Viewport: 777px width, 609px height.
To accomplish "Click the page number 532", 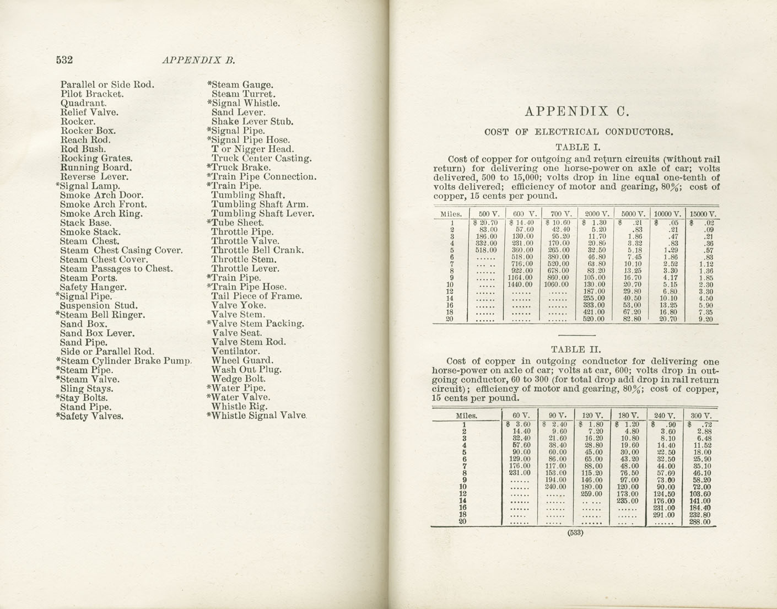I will click(65, 60).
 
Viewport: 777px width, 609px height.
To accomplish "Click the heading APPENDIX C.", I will click(576, 112).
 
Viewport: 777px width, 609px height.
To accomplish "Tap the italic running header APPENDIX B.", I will click(199, 61).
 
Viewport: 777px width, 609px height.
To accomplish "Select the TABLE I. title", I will click(576, 147).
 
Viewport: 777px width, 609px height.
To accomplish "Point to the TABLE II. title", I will click(576, 349).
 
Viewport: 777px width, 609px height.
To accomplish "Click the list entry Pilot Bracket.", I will click(92, 94).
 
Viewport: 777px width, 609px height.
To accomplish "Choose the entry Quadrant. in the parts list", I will click(83, 103).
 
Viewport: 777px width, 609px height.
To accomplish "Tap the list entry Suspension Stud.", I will click(99, 305).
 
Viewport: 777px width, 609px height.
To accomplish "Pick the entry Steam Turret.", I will click(243, 94).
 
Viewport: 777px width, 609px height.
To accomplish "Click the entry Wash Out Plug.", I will click(246, 370).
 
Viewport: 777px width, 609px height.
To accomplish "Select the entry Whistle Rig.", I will click(239, 406).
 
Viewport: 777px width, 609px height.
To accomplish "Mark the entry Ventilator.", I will click(235, 351).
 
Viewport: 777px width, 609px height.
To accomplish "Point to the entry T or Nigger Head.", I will click(252, 149).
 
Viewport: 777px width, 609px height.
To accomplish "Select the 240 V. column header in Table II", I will click(663, 416).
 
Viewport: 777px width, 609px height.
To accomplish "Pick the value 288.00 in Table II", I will click(699, 522).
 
